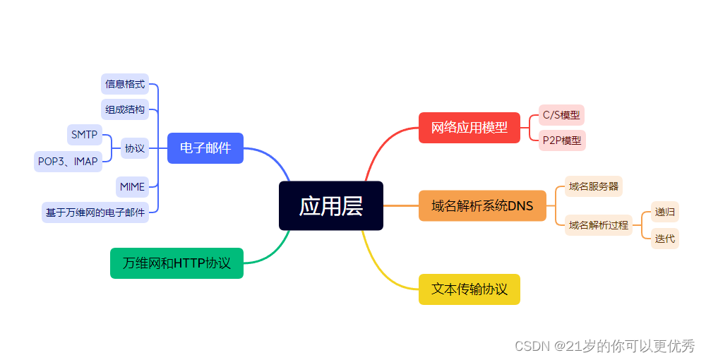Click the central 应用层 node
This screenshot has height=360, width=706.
coord(331,205)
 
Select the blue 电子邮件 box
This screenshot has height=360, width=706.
coord(205,148)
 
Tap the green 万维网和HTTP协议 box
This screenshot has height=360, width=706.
coord(176,263)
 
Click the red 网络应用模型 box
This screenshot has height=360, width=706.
coord(469,128)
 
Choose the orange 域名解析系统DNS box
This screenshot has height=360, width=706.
coord(482,206)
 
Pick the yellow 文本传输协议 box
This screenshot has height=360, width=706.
coord(469,289)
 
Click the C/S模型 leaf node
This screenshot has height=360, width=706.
coord(561,115)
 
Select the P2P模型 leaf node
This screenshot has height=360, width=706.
coord(562,140)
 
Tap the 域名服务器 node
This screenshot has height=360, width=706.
coord(593,186)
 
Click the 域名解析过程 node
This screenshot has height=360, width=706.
coord(598,225)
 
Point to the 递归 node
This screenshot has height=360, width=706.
coord(664,211)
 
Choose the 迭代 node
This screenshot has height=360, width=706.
coord(664,239)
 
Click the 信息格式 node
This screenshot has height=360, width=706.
coord(125,84)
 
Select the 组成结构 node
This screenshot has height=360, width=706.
coord(125,109)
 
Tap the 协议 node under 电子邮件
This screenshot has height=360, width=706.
coord(135,148)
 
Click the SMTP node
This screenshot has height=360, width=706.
coord(84,134)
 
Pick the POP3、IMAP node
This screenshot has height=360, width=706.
coord(68,161)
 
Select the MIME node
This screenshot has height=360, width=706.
coord(132,187)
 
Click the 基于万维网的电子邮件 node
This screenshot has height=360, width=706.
coord(95,212)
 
